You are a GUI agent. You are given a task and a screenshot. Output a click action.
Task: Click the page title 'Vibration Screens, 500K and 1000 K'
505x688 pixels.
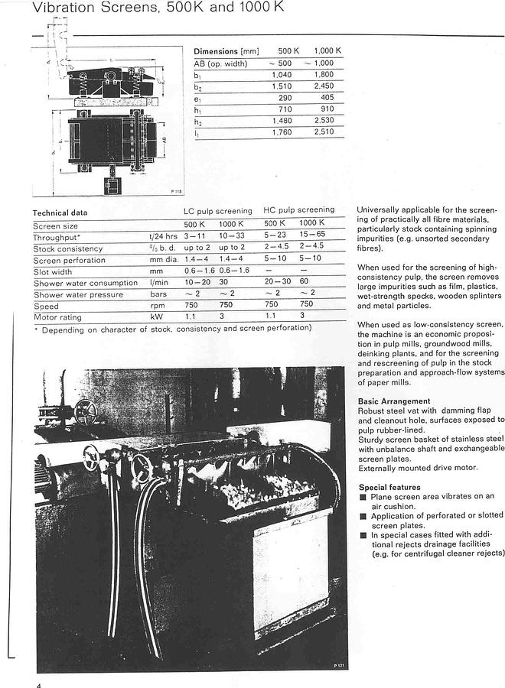tap(145, 9)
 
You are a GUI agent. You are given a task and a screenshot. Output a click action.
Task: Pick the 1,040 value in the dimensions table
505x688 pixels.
tap(282, 75)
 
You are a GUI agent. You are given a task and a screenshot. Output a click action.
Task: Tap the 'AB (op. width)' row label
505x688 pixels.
tap(220, 63)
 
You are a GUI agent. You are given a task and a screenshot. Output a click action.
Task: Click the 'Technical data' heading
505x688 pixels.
tap(60, 213)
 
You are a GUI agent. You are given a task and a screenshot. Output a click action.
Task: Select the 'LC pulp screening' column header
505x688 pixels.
tap(217, 211)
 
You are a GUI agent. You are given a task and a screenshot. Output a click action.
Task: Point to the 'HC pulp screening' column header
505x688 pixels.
tap(298, 210)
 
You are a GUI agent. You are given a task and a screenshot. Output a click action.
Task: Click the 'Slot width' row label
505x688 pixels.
tap(53, 271)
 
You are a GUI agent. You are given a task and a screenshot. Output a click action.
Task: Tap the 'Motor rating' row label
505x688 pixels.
tap(57, 317)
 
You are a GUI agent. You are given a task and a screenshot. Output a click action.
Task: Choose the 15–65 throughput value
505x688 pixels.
tap(312, 236)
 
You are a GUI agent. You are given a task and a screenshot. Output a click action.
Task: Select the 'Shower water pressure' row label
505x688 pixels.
tap(78, 294)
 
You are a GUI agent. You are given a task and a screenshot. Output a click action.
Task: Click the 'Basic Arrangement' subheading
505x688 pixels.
tap(394, 401)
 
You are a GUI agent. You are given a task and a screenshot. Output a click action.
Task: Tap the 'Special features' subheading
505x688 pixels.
tap(389, 487)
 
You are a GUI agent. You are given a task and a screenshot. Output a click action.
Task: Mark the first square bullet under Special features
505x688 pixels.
tap(363, 497)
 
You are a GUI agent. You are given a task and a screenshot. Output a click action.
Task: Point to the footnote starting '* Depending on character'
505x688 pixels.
tap(172, 329)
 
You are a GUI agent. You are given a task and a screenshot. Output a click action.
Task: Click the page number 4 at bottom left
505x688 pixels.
tap(37, 684)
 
